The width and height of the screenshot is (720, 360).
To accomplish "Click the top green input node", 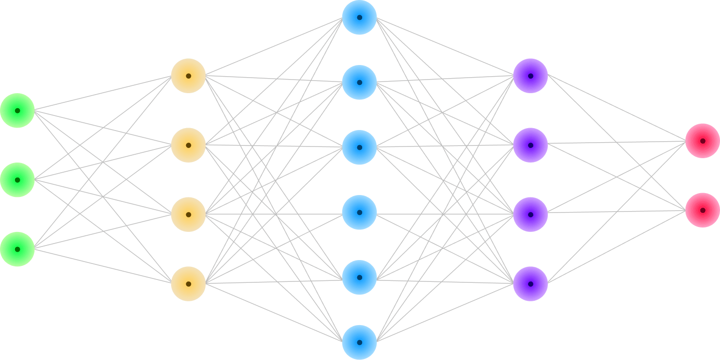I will pos(17,111).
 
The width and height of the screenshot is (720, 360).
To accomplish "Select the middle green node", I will pos(17,180).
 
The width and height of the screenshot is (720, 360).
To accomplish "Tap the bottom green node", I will pos(17,249).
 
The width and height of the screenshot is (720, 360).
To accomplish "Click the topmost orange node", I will pos(189,76).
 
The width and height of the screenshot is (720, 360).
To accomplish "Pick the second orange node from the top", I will pos(189,145).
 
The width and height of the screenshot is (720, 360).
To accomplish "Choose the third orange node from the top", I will pos(189,214).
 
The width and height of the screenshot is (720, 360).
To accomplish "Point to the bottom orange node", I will pos(189,284).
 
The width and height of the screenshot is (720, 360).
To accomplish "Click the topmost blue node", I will pos(359,17).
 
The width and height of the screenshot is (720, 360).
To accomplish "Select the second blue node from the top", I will pos(359,82).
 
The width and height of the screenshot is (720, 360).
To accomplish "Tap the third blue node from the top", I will pos(359,147).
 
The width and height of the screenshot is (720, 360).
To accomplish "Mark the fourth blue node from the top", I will pos(359,213).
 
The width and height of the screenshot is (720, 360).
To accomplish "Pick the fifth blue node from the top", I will pos(359,278).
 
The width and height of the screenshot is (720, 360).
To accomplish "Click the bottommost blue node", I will pos(359,343).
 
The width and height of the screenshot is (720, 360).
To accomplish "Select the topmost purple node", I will pos(530,76).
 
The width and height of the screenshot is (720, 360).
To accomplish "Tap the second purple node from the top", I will pos(530,145).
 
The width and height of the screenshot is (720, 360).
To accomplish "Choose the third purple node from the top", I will pos(530,214).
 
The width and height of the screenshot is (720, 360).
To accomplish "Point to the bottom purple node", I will pos(530,284).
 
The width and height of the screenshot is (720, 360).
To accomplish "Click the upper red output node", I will pos(703,141).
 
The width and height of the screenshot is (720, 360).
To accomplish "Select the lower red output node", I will pos(703,210).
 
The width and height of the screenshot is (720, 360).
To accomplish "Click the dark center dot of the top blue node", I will pos(359,17).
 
